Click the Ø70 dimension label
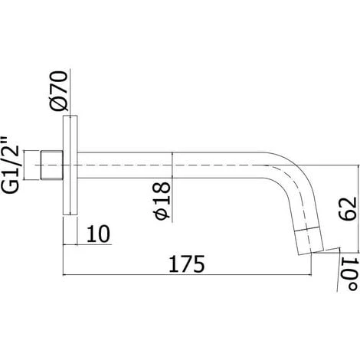tap(59, 91)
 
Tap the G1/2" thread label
tap(11, 165)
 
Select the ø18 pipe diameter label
tap(162, 201)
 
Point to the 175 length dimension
tap(187, 263)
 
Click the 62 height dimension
tap(347, 208)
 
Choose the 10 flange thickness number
tap(98, 234)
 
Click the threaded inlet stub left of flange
tap(52, 165)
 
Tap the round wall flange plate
tap(70, 165)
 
